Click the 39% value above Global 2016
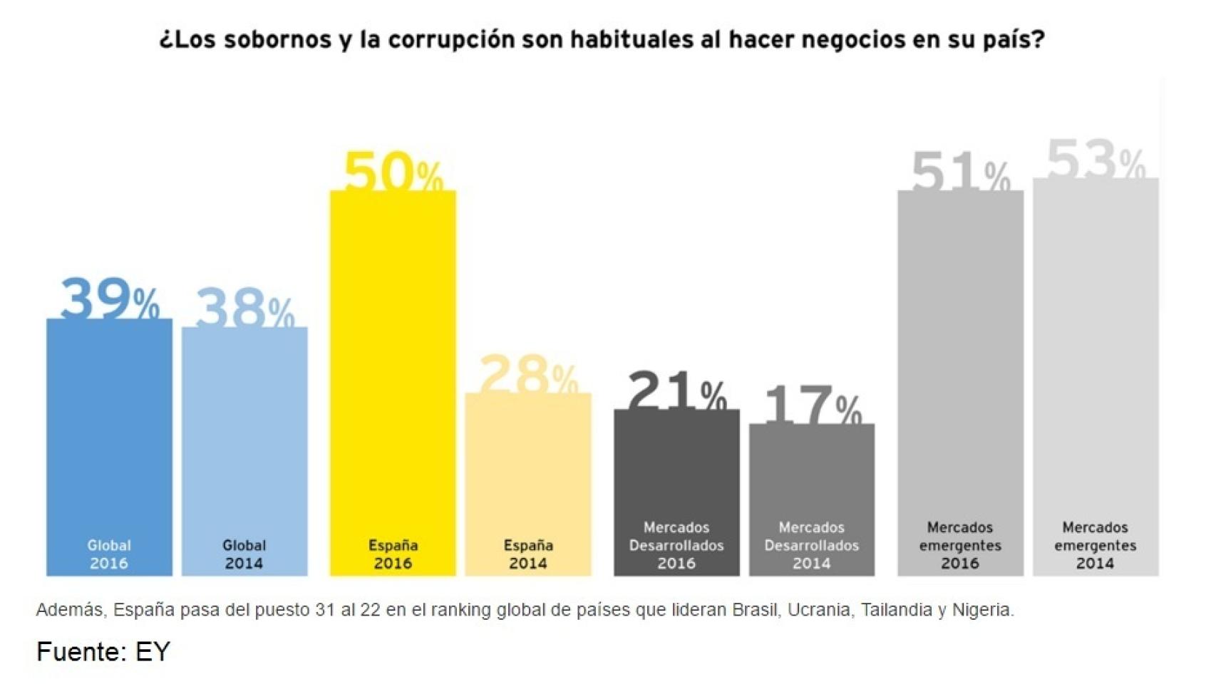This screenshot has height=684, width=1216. [x=110, y=299]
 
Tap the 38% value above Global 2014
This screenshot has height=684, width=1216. [x=244, y=309]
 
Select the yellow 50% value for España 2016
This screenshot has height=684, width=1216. [x=393, y=172]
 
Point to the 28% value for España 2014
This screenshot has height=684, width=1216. [x=528, y=373]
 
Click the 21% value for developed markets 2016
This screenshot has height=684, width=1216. [x=676, y=390]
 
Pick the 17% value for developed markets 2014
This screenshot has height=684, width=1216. [x=812, y=405]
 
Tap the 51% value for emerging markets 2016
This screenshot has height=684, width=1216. [x=960, y=171]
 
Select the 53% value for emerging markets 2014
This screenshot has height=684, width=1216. [x=1096, y=160]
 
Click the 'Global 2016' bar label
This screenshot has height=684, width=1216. [x=109, y=554]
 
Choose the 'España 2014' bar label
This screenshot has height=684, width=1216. [x=528, y=554]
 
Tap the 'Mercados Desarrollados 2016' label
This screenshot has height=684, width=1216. [x=676, y=545]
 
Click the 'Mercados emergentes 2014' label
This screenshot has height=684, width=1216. [x=1096, y=545]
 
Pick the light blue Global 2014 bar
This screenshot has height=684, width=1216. [x=244, y=427]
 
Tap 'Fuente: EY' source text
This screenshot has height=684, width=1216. [x=103, y=652]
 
